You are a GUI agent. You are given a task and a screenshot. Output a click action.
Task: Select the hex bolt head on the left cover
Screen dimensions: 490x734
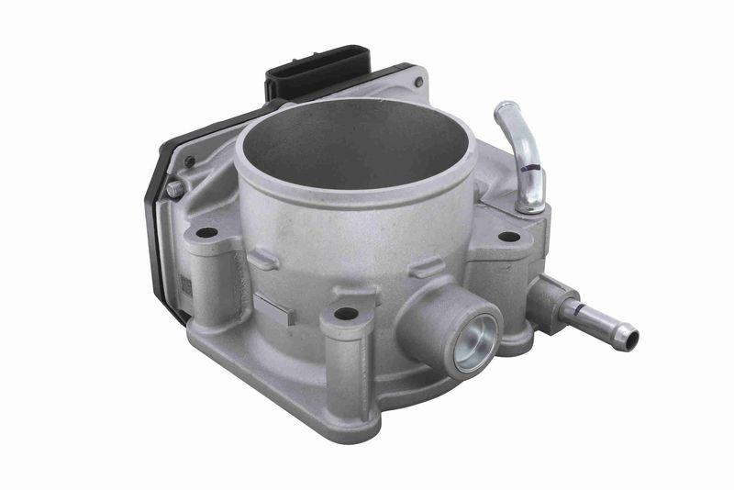pos(173,188)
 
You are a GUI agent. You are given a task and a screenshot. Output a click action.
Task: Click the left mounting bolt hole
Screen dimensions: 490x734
pos(206,232)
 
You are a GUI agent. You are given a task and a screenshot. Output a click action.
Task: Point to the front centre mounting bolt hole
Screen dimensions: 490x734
pos(346,314)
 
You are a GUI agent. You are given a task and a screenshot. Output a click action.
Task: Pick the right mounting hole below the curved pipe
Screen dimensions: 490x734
pos(508,237)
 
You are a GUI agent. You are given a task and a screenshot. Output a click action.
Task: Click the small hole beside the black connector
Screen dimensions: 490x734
pos(418,84)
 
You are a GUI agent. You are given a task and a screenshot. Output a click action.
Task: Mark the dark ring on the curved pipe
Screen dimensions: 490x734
pos(530,167)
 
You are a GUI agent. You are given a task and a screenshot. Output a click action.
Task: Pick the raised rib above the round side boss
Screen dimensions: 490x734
pos(426,270)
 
